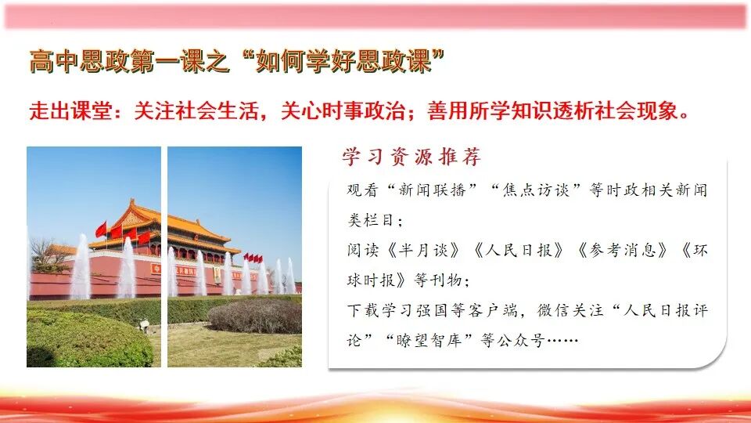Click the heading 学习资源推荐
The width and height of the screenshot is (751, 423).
pos(411,157)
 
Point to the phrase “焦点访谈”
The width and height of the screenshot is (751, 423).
pos(534,190)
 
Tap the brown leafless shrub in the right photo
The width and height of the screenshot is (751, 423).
pos(255,315)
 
